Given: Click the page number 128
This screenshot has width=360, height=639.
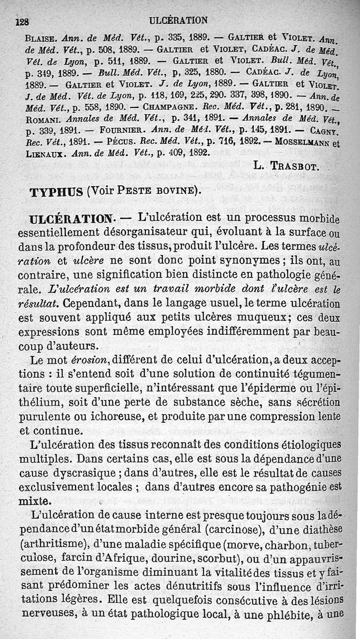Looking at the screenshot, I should click(x=22, y=21).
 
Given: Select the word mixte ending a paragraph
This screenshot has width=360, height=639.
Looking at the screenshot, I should click(x=35, y=500).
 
